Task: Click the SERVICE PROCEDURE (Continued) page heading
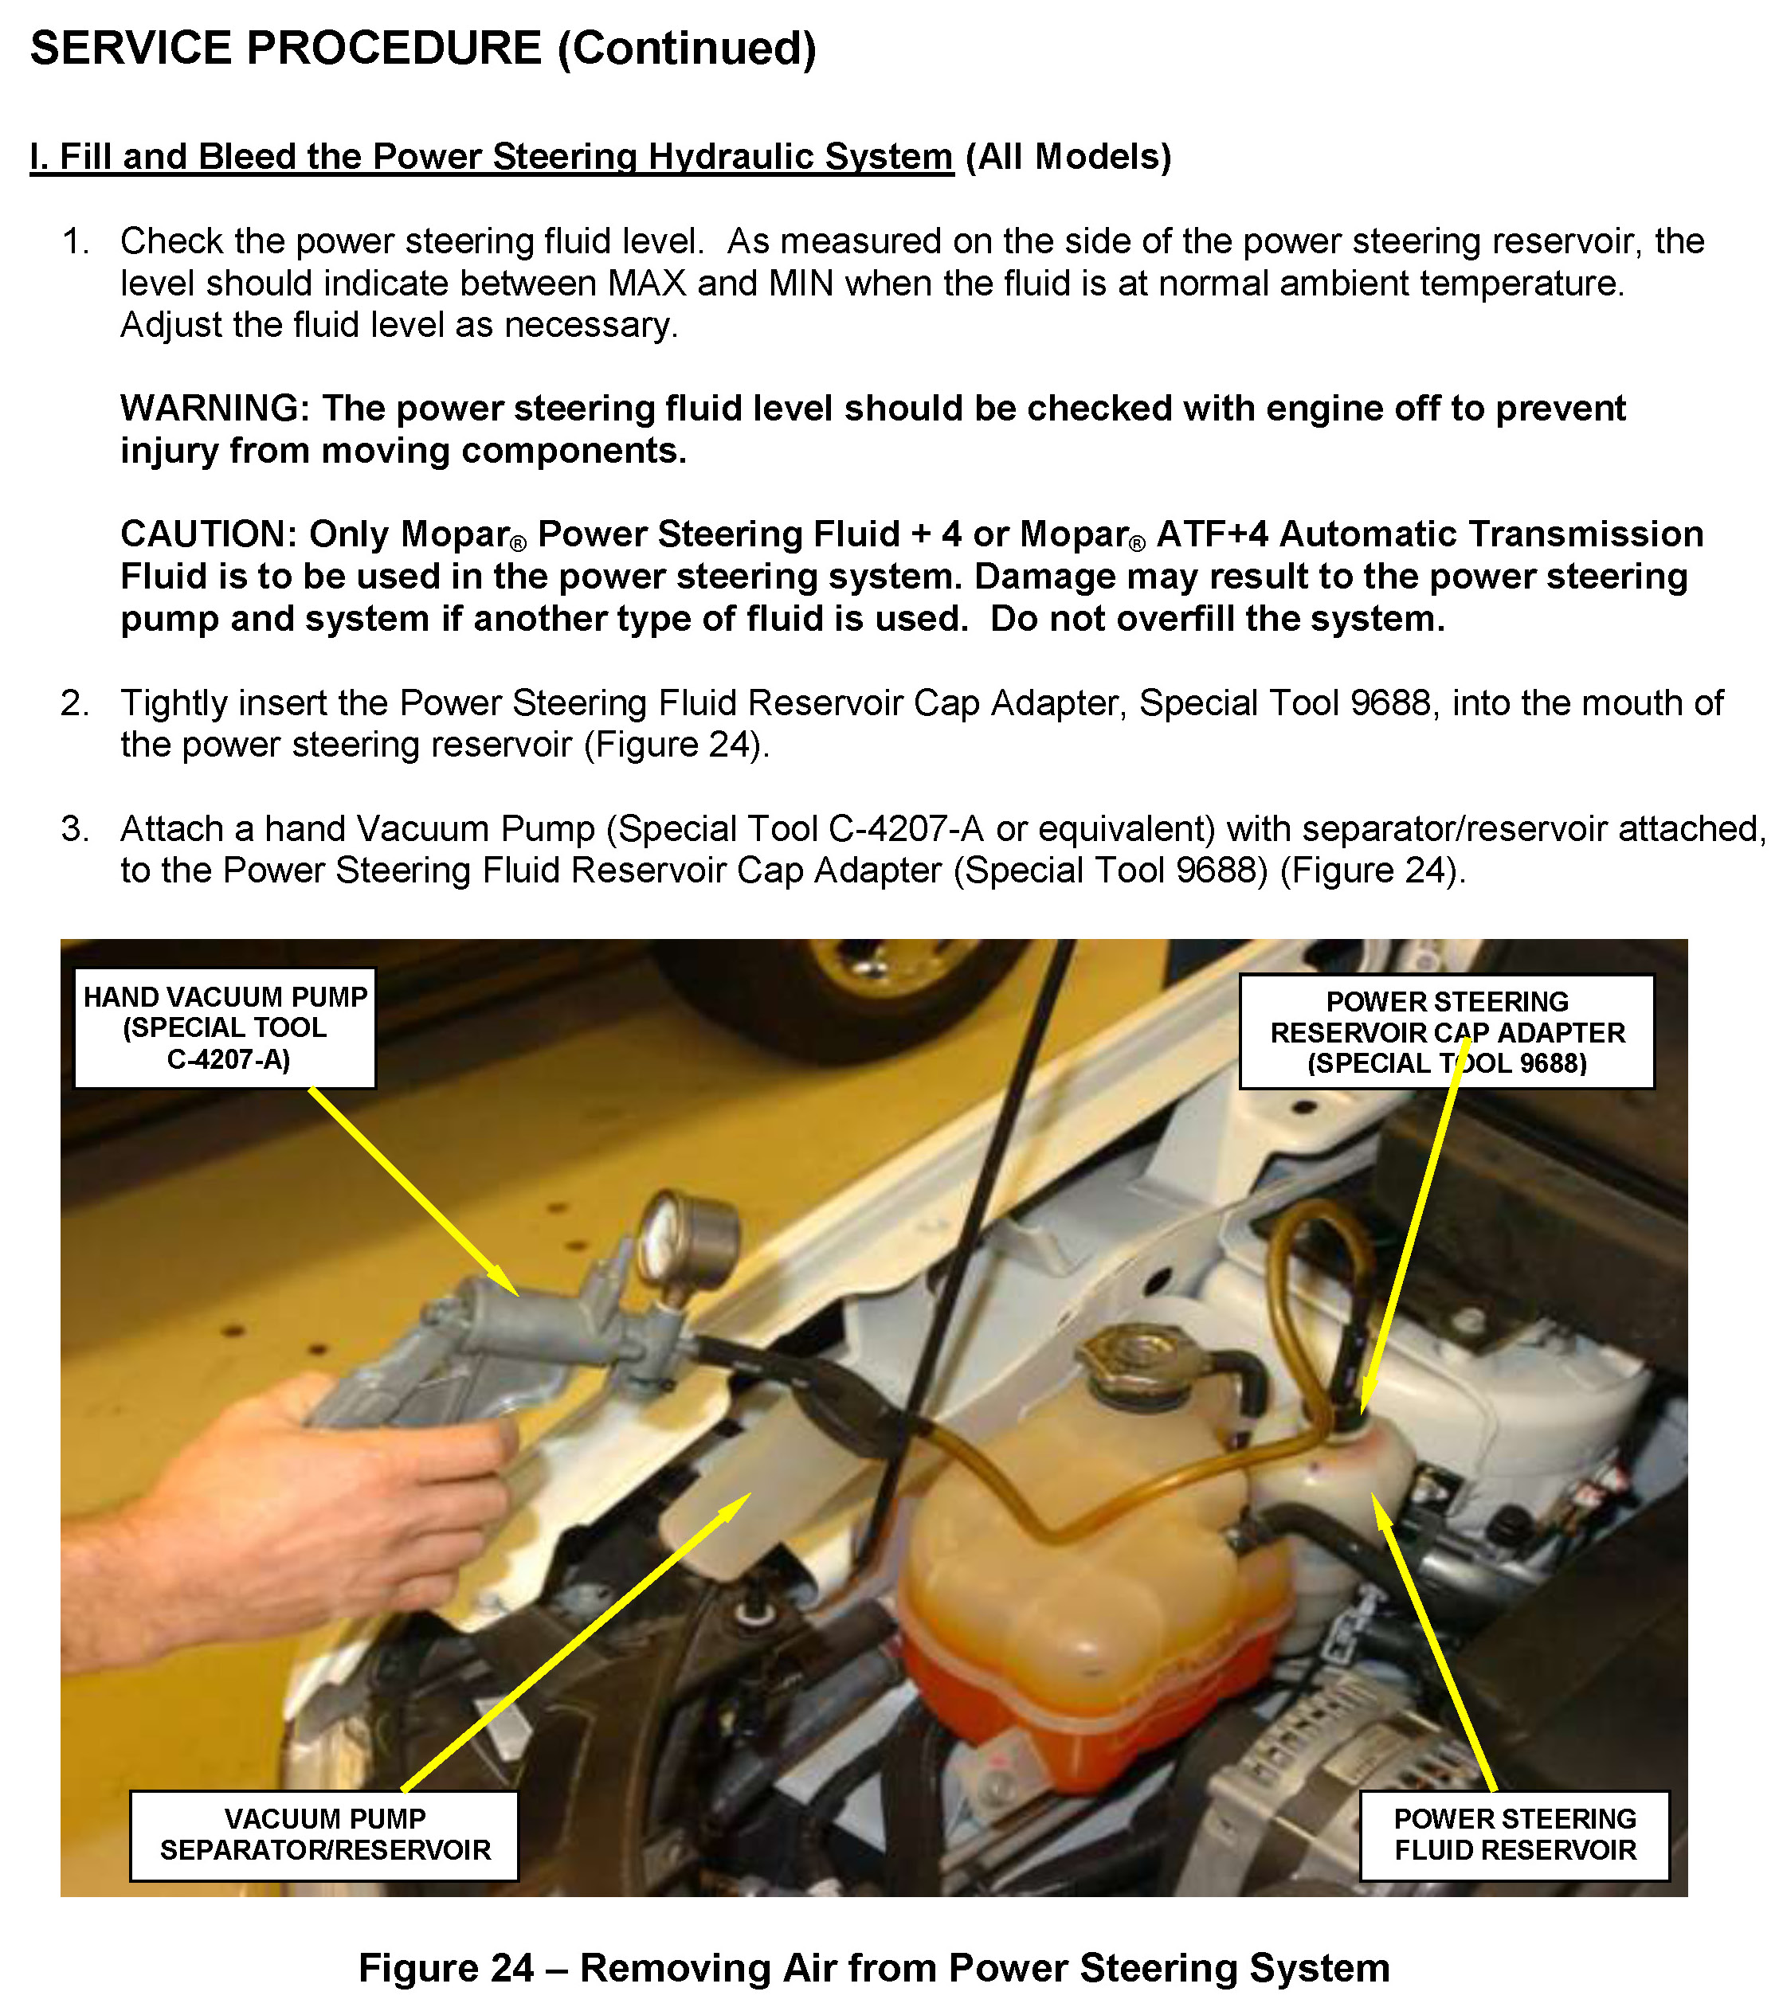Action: tap(423, 49)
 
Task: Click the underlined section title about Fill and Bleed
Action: tap(492, 156)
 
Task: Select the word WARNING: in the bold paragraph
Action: tap(215, 409)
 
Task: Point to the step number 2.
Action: tap(75, 703)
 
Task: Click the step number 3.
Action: tap(75, 829)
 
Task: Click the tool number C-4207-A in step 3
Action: tap(906, 829)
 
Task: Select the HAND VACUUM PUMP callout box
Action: tap(225, 1029)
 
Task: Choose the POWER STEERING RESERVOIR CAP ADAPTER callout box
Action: tap(1448, 1032)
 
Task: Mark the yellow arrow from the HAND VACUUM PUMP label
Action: tap(413, 1191)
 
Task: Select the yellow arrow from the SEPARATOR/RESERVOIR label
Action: tap(577, 1641)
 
